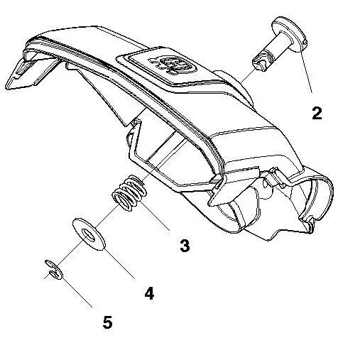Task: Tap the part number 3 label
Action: [185, 246]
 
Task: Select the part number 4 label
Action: [149, 293]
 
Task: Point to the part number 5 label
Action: [107, 322]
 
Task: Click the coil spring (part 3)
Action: [129, 197]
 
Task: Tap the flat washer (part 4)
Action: [89, 235]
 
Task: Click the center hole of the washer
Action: [87, 234]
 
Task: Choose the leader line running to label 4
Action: [120, 263]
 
